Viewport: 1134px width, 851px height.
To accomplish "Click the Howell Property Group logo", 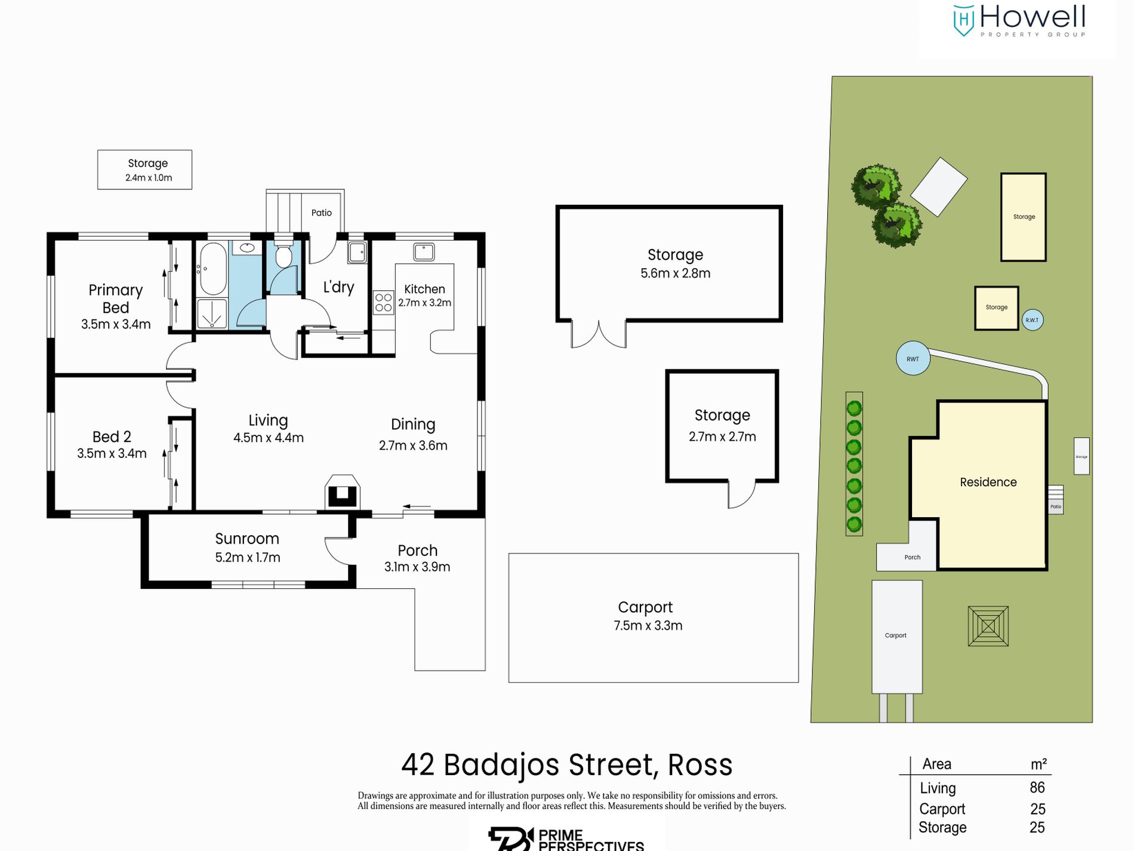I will pos(1018,21).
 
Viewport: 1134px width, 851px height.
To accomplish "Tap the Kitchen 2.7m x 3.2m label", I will pos(424,296).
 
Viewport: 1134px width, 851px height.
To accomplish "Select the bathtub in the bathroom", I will pos(212,268).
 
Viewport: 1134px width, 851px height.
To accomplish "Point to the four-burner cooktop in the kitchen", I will pos(383,302).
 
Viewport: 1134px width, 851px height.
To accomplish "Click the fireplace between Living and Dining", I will pos(342,492).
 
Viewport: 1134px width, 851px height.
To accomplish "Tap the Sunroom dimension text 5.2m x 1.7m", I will pos(247,557).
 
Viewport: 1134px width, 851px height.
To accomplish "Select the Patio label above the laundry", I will pos(321,213).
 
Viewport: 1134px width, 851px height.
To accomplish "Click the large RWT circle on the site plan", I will pos(913,358).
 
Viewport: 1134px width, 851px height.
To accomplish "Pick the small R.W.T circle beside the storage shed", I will pos(1032,320).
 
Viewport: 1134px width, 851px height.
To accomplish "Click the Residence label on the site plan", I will pos(988,482).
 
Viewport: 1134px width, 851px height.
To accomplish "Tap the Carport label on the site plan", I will pos(895,635).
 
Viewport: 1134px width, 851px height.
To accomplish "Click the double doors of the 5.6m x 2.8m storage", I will pos(599,334).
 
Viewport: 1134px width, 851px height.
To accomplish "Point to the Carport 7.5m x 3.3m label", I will pos(648,616).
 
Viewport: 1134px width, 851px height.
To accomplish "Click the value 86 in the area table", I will pos(1037,788).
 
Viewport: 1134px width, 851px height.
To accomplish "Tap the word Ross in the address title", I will pos(699,765).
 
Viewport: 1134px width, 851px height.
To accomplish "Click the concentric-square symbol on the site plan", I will pos(988,626).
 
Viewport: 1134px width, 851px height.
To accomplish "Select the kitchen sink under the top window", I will pos(424,251).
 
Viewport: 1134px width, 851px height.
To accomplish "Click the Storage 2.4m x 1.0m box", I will pos(145,170).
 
